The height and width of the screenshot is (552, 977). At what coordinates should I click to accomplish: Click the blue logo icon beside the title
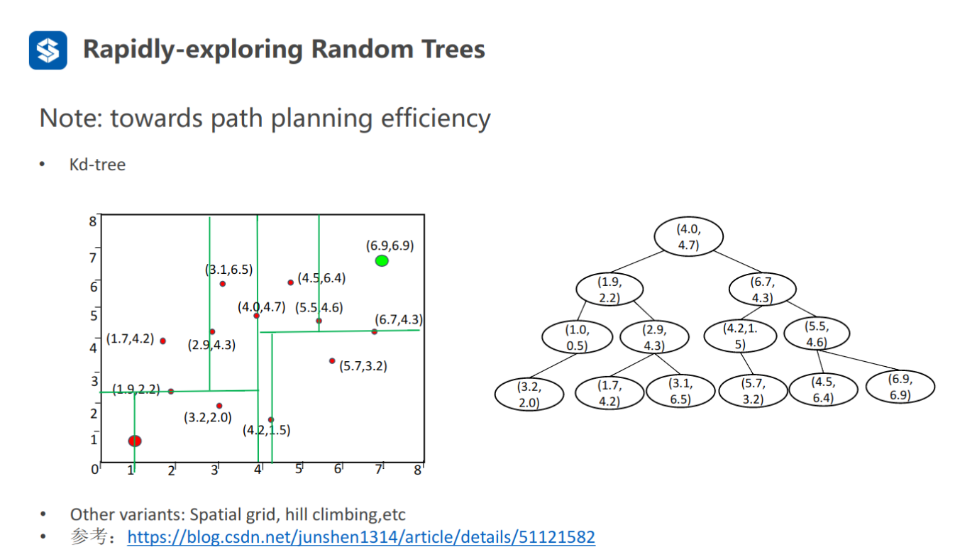tap(48, 50)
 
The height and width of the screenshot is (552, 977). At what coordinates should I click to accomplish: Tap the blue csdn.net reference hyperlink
tap(361, 536)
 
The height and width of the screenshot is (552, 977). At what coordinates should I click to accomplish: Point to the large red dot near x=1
tap(135, 441)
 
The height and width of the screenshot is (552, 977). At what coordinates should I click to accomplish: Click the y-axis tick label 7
tap(92, 258)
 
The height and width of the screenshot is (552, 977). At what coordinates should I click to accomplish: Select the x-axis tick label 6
tap(338, 469)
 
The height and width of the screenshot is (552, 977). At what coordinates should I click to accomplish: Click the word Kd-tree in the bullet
tap(97, 165)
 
